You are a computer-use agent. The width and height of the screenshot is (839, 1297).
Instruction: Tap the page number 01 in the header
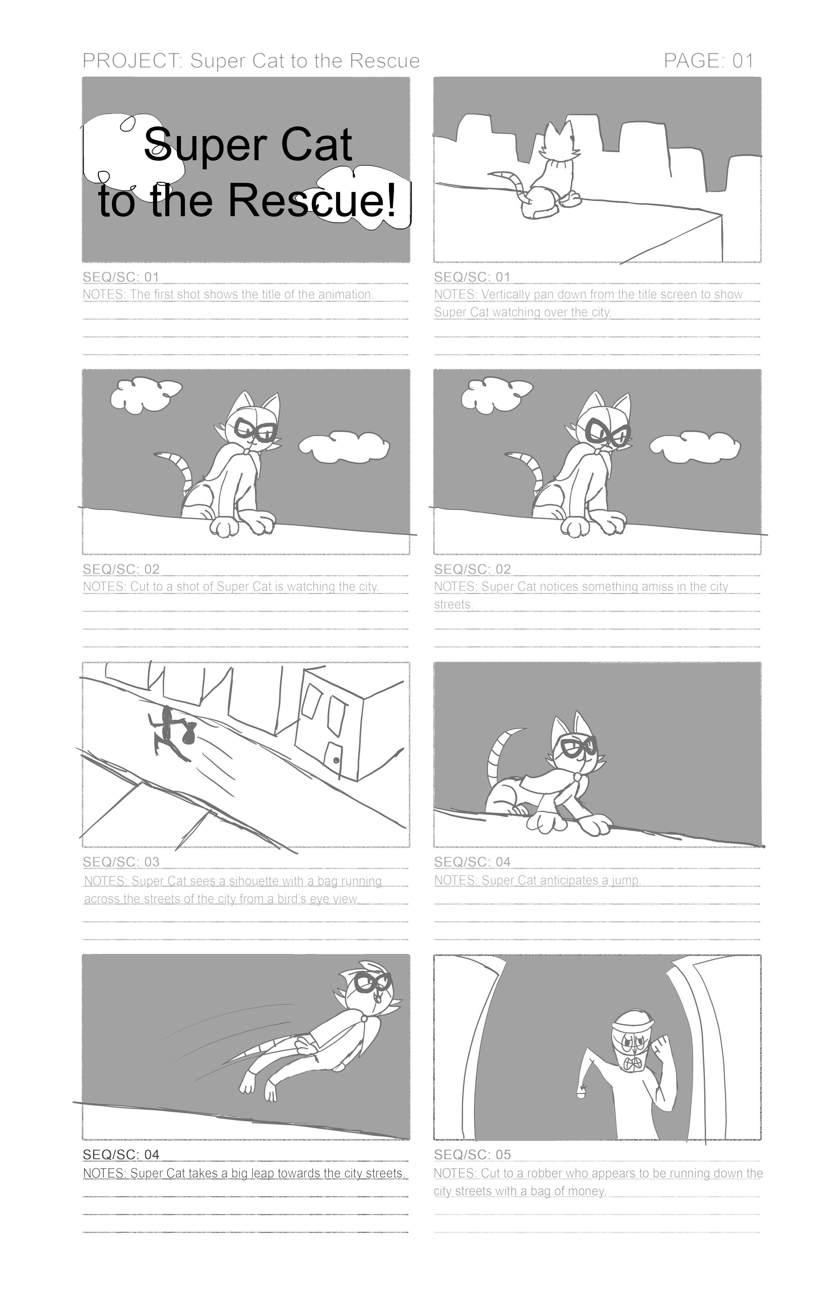[743, 61]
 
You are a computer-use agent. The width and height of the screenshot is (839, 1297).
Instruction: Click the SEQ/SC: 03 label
[121, 862]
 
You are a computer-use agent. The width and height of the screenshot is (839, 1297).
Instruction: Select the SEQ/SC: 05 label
[472, 1155]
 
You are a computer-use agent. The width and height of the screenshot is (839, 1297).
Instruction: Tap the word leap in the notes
[263, 1173]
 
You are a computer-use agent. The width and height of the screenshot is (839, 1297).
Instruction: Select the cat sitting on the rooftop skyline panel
[550, 172]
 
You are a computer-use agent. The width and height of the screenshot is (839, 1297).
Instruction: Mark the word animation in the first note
[345, 295]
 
